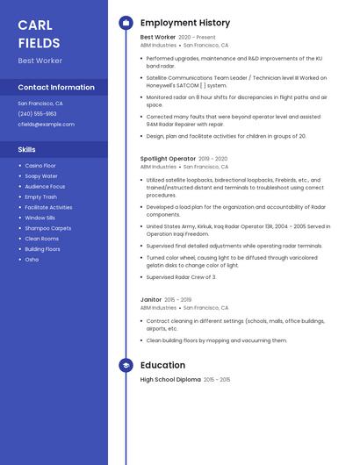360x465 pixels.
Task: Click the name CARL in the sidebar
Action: coord(35,25)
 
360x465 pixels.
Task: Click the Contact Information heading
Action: coord(56,87)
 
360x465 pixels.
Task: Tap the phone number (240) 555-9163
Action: coord(37,114)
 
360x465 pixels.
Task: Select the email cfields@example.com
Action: coord(46,125)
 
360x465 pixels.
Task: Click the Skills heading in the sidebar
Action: coord(27,149)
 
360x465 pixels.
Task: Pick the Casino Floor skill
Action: coord(40,165)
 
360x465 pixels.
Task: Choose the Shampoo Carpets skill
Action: coord(48,228)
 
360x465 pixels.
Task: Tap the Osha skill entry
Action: coord(32,260)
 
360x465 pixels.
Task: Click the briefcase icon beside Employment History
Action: coord(126,22)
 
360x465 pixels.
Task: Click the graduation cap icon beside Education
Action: coord(126,365)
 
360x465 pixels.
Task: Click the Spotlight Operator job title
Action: coord(168,159)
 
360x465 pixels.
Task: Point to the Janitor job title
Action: coord(151,300)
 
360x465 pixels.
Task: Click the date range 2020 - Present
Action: coord(197,38)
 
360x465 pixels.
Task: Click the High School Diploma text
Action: coord(170,380)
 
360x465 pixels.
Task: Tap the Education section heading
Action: coord(162,365)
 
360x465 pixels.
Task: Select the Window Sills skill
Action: coord(40,218)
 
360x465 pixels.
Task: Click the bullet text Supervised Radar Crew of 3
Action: coord(181,277)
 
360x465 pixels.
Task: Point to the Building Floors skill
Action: coord(43,249)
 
